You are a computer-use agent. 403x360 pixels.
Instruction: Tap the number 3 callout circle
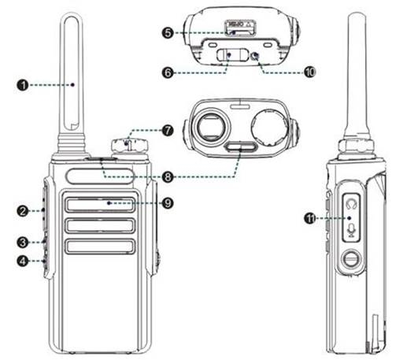(25, 241)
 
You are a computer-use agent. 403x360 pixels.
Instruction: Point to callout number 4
(25, 261)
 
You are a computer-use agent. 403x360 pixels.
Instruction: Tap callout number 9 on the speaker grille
(168, 202)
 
